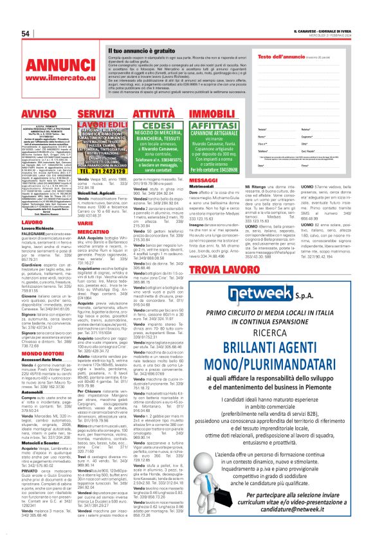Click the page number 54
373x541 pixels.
pyautogui.click(x=25, y=33)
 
